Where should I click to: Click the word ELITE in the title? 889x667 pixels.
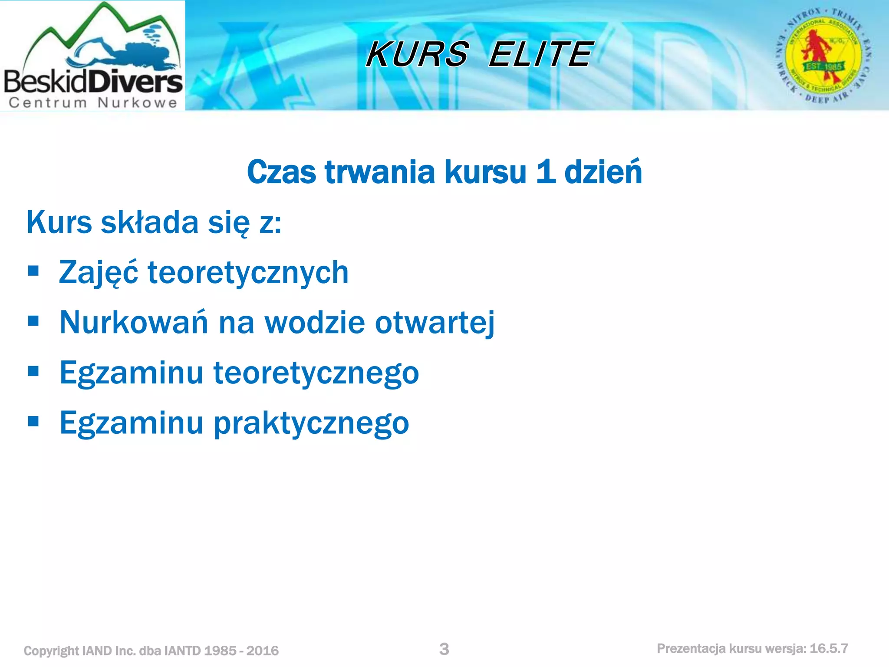[540, 54]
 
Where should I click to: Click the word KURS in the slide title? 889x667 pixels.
[417, 54]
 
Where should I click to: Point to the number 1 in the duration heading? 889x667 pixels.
[546, 172]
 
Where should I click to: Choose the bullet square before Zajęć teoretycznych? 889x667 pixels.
[33, 271]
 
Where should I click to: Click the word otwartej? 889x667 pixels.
[435, 323]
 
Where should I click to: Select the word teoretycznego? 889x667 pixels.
[316, 373]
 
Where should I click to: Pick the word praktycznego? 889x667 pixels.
[311, 423]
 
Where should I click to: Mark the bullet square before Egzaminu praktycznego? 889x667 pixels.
[33, 421]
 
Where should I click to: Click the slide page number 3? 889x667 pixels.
[444, 649]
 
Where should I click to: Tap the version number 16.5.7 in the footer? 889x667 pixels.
[829, 648]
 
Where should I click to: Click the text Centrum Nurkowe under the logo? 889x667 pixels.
[93, 102]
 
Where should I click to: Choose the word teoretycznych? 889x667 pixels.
[248, 273]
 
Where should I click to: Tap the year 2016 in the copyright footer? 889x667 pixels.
[262, 650]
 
